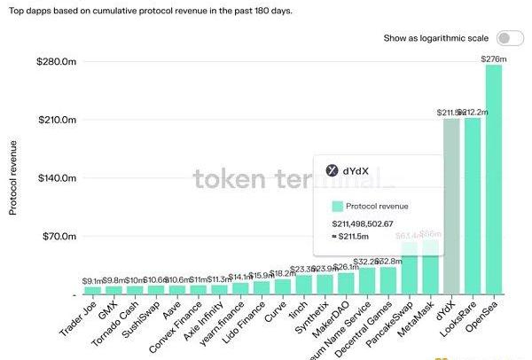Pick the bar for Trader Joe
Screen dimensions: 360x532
[x=92, y=290]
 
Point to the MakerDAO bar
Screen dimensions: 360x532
[x=346, y=283]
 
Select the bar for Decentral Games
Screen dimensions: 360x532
[x=388, y=280]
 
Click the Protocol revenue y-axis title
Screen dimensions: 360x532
[x=13, y=177]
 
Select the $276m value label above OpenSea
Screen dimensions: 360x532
[x=493, y=59]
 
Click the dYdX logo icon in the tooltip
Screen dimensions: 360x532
[x=332, y=170]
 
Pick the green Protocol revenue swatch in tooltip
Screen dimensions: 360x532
[x=338, y=205]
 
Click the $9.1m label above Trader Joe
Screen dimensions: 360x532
[x=92, y=280]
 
